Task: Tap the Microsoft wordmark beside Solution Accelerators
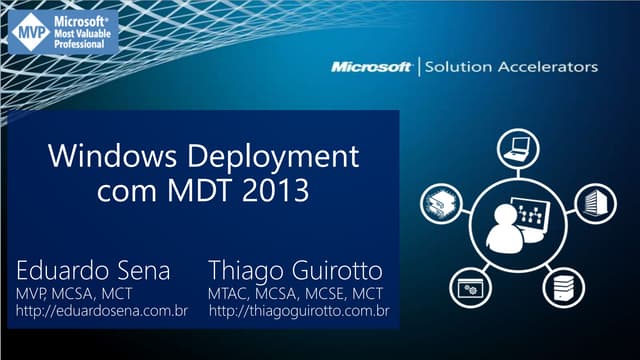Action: tap(372, 67)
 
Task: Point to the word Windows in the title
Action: tap(113, 157)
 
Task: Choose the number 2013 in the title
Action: tap(269, 189)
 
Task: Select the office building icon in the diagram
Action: tap(593, 197)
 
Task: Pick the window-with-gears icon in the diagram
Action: tap(466, 288)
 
